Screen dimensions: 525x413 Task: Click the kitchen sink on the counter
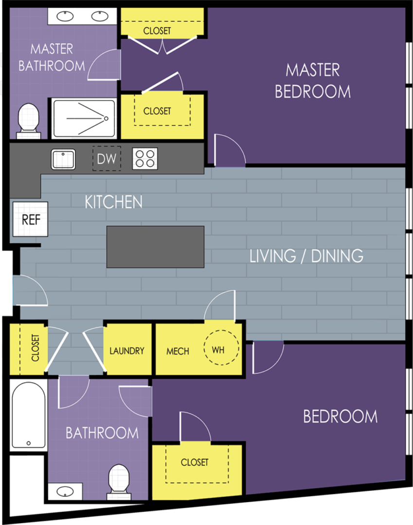coord(63,159)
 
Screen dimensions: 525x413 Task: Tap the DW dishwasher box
coord(107,158)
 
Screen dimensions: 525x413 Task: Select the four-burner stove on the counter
coord(145,158)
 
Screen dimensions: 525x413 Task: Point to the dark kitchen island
coord(155,246)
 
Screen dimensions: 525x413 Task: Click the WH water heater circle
coord(221,349)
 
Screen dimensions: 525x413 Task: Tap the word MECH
coord(178,351)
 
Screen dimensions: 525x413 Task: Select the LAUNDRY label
coord(126,350)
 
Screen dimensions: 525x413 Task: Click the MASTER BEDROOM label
coord(312,81)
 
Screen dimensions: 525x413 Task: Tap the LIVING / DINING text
coord(306,256)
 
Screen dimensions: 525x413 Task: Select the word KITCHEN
coord(114,202)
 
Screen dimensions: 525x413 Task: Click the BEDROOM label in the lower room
coord(340,417)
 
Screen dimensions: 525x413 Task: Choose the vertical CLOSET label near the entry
coord(35,348)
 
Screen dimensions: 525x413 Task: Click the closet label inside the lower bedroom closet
coord(195,462)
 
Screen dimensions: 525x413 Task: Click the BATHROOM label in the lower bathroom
coord(102,433)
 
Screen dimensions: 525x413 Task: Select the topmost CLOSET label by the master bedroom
coord(157,31)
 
